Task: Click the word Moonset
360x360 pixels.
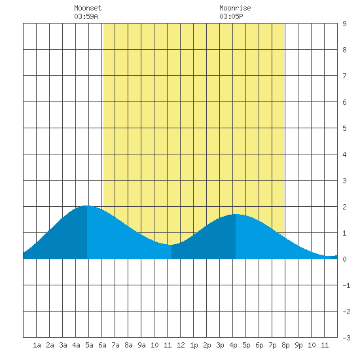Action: click(x=88, y=8)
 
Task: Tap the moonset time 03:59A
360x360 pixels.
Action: click(x=86, y=16)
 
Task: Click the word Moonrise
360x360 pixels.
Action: click(x=235, y=8)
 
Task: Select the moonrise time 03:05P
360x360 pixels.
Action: click(x=231, y=16)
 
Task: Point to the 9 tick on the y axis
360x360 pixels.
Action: click(x=344, y=24)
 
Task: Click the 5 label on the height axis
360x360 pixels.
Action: click(x=344, y=128)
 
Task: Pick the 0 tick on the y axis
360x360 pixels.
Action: click(x=344, y=259)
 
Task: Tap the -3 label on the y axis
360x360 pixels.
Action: click(x=346, y=338)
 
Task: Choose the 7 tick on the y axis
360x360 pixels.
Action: click(x=344, y=76)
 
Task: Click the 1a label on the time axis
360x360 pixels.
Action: click(x=37, y=345)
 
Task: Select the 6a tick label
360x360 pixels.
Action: click(x=102, y=345)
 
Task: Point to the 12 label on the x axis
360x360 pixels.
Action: click(x=181, y=345)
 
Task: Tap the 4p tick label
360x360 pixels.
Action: click(x=233, y=345)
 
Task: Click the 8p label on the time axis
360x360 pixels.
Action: click(x=285, y=345)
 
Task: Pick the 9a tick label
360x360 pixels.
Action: click(x=141, y=345)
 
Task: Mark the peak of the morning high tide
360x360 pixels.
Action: click(x=86, y=206)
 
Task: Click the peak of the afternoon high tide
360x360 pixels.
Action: click(x=236, y=214)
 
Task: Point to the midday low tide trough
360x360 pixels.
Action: click(x=171, y=245)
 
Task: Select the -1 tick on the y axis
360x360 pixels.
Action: click(x=346, y=285)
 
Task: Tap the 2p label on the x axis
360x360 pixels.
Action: click(x=207, y=345)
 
